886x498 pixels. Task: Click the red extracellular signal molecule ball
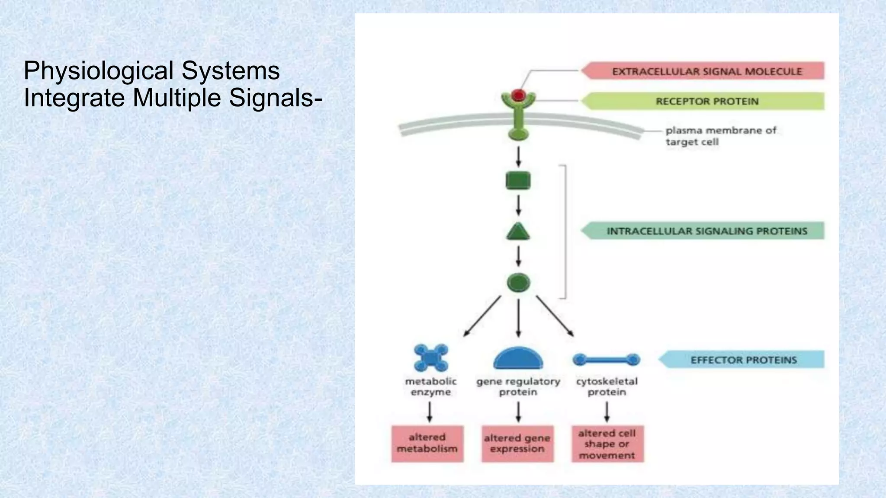(518, 95)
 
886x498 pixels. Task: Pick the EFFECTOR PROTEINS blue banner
(743, 360)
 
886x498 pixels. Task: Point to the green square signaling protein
(518, 181)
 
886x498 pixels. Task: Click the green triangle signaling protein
(518, 232)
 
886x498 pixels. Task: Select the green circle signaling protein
(518, 283)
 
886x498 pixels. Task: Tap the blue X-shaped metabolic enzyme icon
(431, 358)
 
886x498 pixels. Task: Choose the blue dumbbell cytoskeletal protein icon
(606, 359)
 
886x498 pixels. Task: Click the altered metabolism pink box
(427, 444)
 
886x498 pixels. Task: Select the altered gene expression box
(517, 444)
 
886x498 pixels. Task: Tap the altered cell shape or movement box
(607, 444)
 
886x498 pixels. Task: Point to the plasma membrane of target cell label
(720, 136)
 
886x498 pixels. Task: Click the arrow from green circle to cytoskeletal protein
(555, 316)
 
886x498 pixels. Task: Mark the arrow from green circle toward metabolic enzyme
(482, 316)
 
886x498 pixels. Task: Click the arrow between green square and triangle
(518, 205)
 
